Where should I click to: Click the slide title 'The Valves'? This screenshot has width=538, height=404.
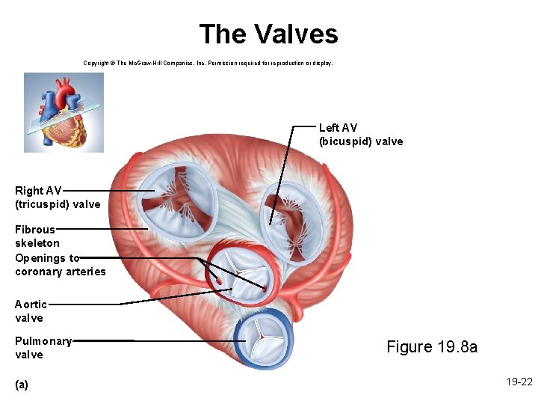(x=268, y=34)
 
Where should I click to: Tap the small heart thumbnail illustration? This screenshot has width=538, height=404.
(x=64, y=112)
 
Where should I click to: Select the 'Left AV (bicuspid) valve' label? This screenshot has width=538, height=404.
(x=360, y=135)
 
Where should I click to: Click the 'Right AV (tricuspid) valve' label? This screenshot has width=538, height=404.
(x=57, y=198)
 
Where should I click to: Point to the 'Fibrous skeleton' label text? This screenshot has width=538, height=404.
(x=37, y=236)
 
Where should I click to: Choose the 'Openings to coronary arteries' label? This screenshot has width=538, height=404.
(x=60, y=265)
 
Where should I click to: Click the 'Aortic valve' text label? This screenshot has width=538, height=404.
(x=31, y=311)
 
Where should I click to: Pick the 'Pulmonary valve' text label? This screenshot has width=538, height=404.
(x=43, y=348)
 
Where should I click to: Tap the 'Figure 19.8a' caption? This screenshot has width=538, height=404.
(x=431, y=346)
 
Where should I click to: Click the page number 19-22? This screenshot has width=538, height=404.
(x=519, y=382)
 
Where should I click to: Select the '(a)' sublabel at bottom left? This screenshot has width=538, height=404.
(x=22, y=384)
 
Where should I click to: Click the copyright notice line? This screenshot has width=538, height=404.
(x=208, y=64)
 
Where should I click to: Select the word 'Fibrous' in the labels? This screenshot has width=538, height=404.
(x=35, y=230)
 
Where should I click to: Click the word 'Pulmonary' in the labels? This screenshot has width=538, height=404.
(x=43, y=341)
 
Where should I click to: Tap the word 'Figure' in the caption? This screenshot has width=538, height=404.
(x=409, y=346)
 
